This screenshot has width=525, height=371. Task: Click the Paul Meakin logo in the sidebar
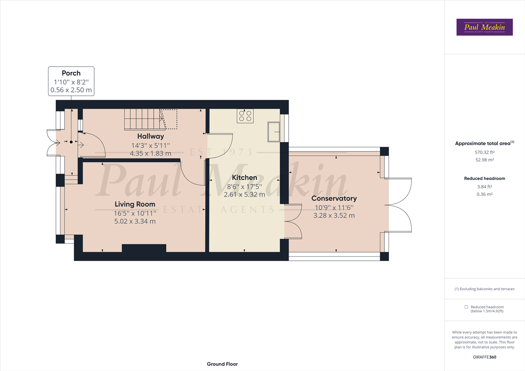pos(484,27)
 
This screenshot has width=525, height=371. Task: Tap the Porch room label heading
pos(71,73)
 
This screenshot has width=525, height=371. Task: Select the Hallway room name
pos(150,136)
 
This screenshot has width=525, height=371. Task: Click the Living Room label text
pos(135,204)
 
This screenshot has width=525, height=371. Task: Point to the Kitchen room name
pos(244,178)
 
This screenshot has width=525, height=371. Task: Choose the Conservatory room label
pos(334,199)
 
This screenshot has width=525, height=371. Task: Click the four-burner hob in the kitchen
pos(245,116)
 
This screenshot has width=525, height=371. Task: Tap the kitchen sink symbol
pos(274,132)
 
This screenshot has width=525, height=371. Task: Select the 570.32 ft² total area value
pos(484,152)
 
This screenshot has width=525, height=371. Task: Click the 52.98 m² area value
pos(484,160)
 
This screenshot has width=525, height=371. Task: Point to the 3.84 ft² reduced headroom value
pos(484,187)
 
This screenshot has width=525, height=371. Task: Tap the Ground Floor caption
pos(222,364)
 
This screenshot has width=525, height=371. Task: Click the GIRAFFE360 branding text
pos(484,357)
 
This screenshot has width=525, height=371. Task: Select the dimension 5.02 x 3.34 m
pos(135,221)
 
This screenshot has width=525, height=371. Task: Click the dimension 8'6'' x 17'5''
pos(244,187)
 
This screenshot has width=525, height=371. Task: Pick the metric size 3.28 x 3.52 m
pos(334,215)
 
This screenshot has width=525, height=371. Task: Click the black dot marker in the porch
pos(71,142)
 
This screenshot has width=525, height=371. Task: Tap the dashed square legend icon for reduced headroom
pos(466,307)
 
